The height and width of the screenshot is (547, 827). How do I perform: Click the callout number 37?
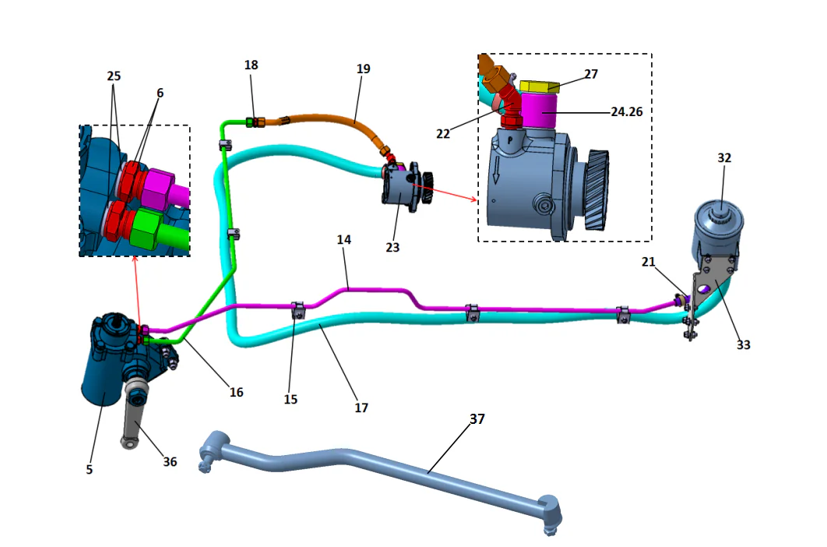pyautogui.click(x=477, y=418)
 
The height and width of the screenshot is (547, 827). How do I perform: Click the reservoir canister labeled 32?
pyautogui.click(x=716, y=230)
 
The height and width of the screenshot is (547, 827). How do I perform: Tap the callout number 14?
pyautogui.click(x=344, y=240)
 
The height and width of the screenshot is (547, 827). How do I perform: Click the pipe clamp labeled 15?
pyautogui.click(x=297, y=311)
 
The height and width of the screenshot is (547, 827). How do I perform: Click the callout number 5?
pyautogui.click(x=90, y=469)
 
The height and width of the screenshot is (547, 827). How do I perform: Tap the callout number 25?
pyautogui.click(x=114, y=76)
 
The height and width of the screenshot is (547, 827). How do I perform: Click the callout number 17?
pyautogui.click(x=361, y=407)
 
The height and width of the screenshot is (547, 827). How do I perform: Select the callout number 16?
pyautogui.click(x=237, y=392)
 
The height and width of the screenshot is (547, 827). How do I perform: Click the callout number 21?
pyautogui.click(x=648, y=263)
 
